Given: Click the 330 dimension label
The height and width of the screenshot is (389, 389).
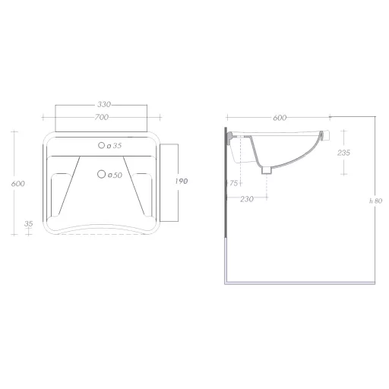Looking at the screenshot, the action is click(104, 104).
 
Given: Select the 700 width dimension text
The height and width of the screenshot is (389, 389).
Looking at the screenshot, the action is click(102, 117).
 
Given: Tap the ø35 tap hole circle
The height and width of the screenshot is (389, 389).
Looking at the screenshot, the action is click(101, 145).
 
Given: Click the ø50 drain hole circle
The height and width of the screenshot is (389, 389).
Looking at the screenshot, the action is click(101, 174).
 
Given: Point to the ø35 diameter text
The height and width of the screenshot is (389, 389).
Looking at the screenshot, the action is click(114, 146).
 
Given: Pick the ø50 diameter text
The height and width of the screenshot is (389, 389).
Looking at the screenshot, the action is click(115, 176).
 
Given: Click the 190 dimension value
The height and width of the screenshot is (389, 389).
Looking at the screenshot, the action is click(182, 182).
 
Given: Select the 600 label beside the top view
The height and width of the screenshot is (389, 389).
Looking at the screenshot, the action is click(18, 184).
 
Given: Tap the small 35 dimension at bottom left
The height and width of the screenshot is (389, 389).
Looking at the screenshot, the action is click(29, 224).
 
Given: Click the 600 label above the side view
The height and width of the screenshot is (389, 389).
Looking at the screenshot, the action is click(280, 118).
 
